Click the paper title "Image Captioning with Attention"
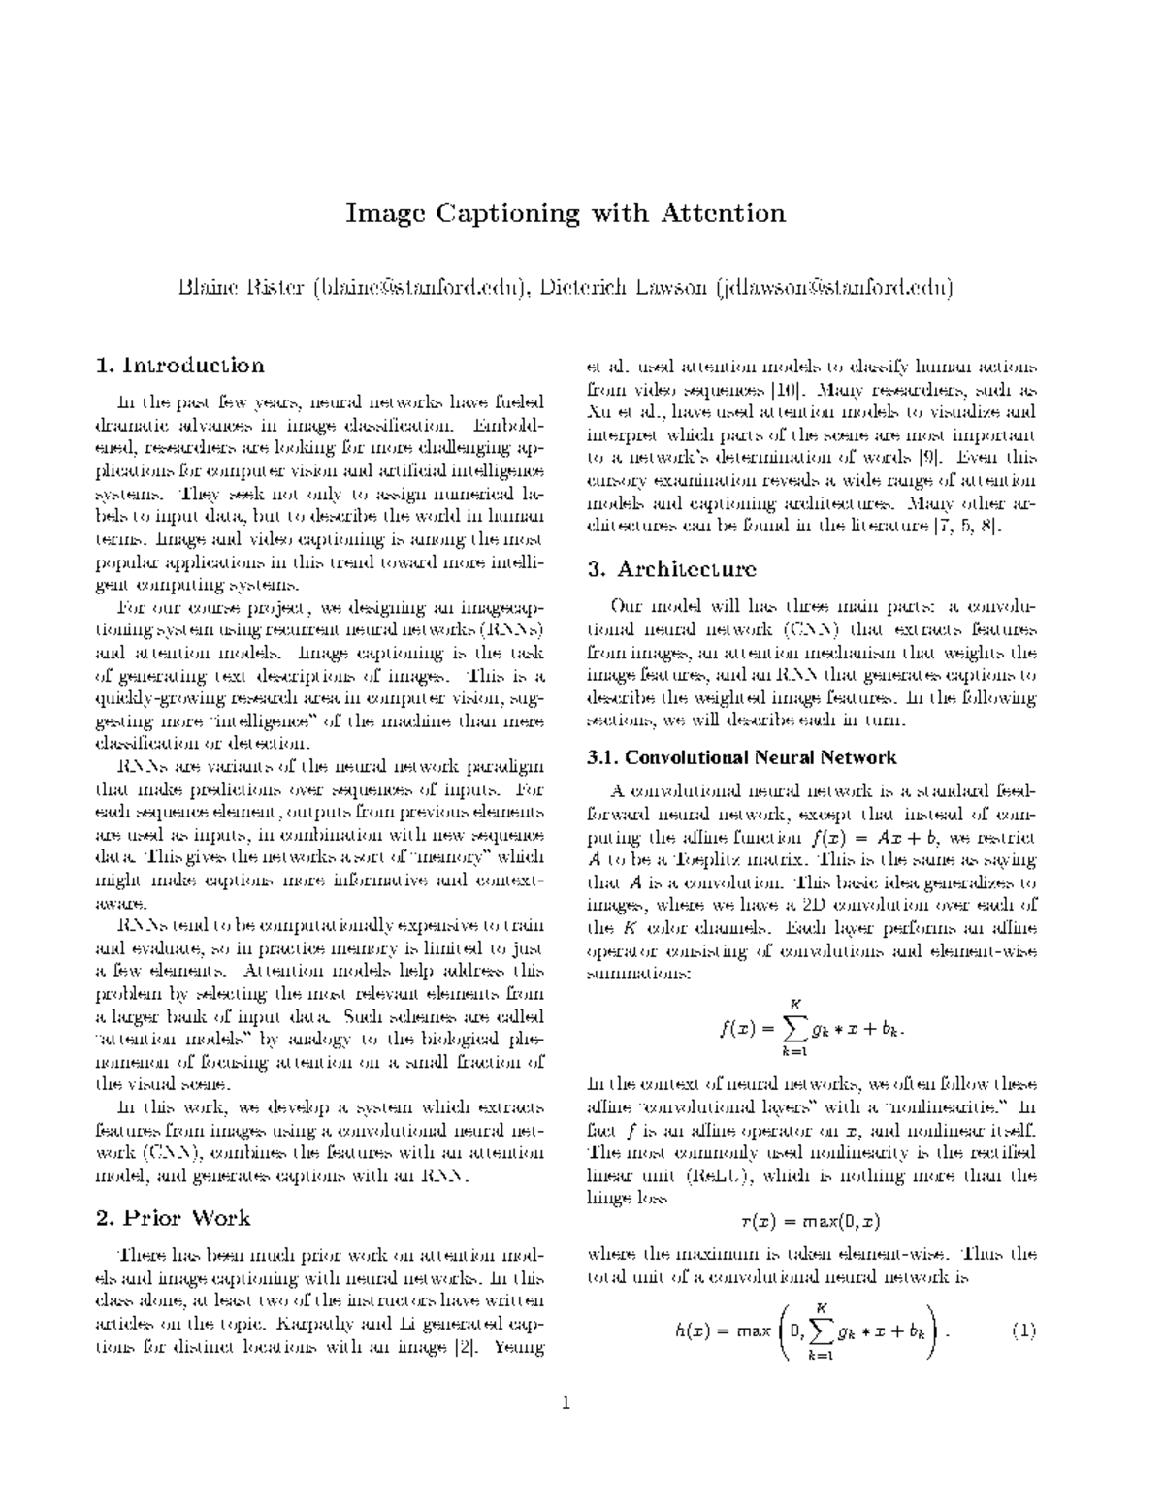pyautogui.click(x=566, y=213)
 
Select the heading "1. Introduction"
pyautogui.click(x=180, y=366)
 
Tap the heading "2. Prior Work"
pyautogui.click(x=174, y=1218)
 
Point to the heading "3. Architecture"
pyautogui.click(x=672, y=568)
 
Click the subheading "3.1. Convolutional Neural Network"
pyautogui.click(x=742, y=757)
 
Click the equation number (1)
pyautogui.click(x=1023, y=1330)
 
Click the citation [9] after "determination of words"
pyautogui.click(x=932, y=458)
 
